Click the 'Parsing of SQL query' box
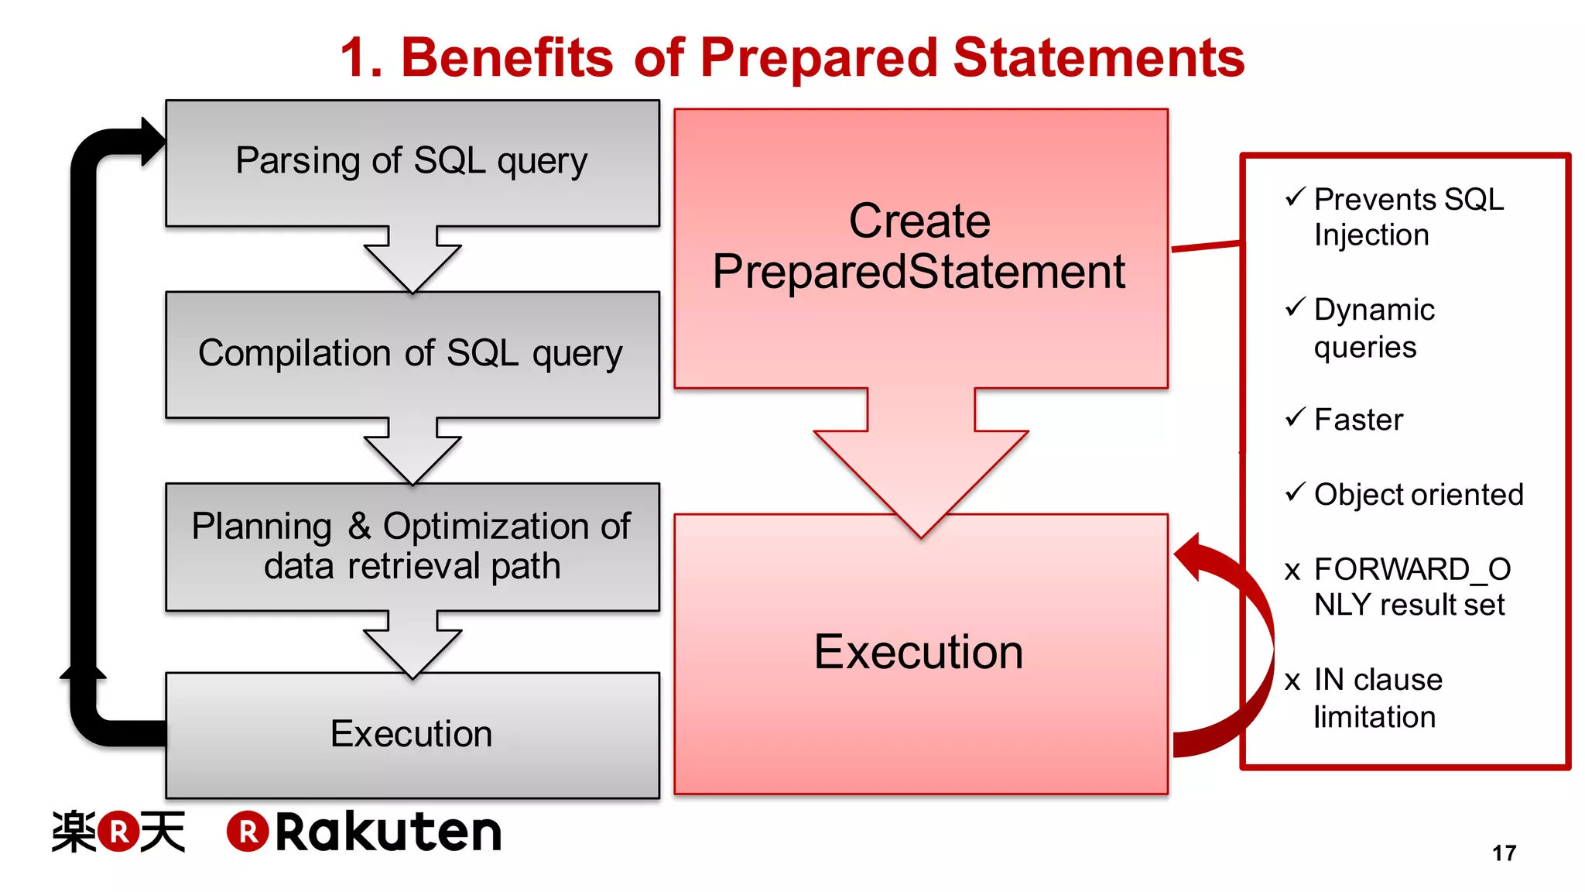point(413,163)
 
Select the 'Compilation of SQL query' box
point(413,354)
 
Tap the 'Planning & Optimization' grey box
point(413,546)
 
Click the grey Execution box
point(413,734)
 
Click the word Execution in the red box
point(919,652)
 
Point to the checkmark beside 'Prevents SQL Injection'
point(1295,197)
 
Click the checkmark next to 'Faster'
point(1295,418)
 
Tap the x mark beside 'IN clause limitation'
point(1292,681)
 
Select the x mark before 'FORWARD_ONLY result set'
point(1292,571)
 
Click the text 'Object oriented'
point(1418,495)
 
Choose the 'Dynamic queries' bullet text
point(1374,328)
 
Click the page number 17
point(1504,853)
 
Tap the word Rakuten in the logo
point(389,832)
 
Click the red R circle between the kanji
point(118,832)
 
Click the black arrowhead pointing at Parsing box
point(152,142)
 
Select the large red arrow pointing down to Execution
point(921,465)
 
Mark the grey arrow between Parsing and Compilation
point(413,259)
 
